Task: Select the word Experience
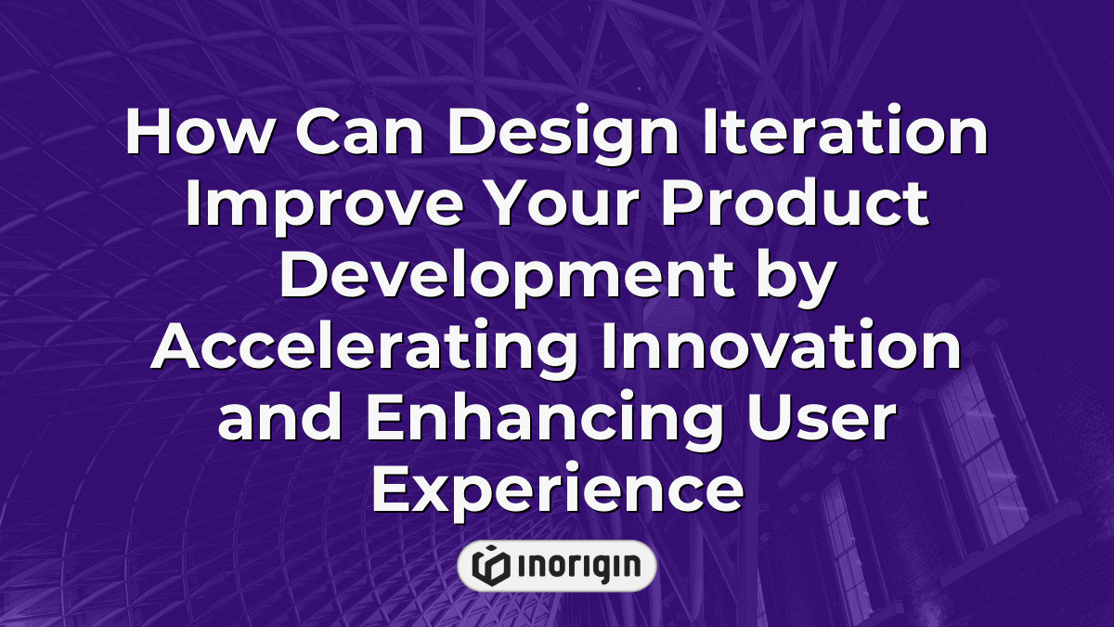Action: tap(557, 489)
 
